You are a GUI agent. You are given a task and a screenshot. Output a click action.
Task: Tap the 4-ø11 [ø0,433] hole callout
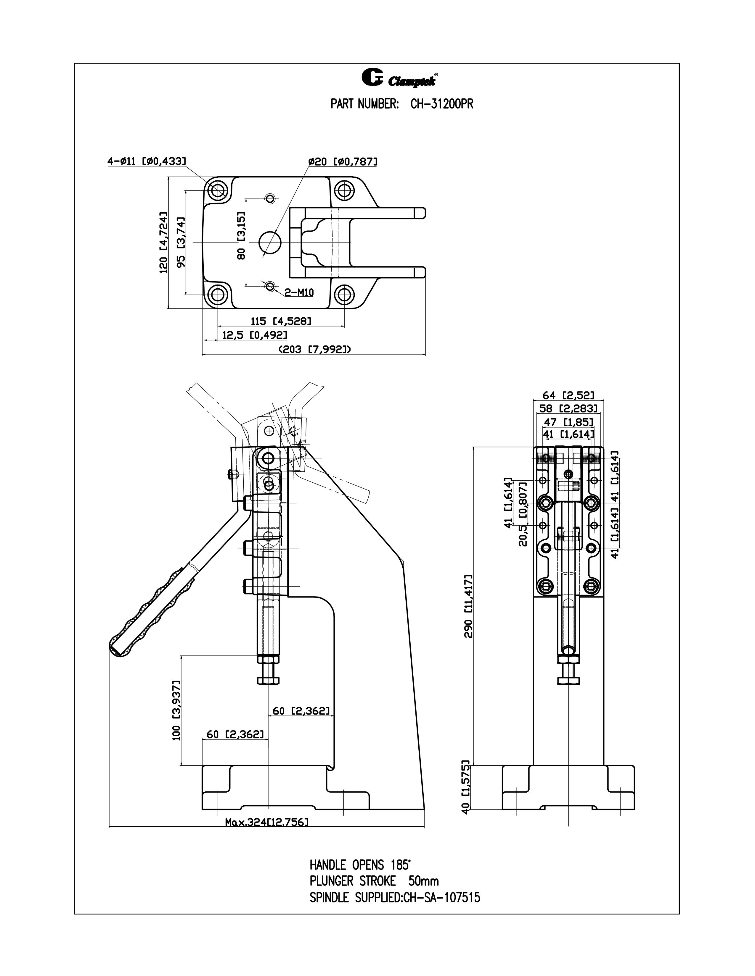[146, 161]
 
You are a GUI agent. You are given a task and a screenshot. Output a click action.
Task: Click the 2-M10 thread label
[299, 293]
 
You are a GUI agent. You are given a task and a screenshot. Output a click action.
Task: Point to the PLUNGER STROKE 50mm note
[374, 881]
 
